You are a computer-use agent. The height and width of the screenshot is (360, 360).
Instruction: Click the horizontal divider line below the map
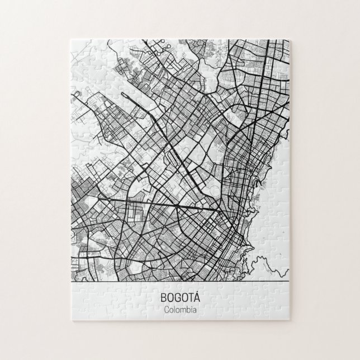pyautogui.click(x=179, y=281)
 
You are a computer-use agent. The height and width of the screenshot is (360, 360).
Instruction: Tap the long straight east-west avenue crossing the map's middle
pyautogui.click(x=168, y=204)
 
